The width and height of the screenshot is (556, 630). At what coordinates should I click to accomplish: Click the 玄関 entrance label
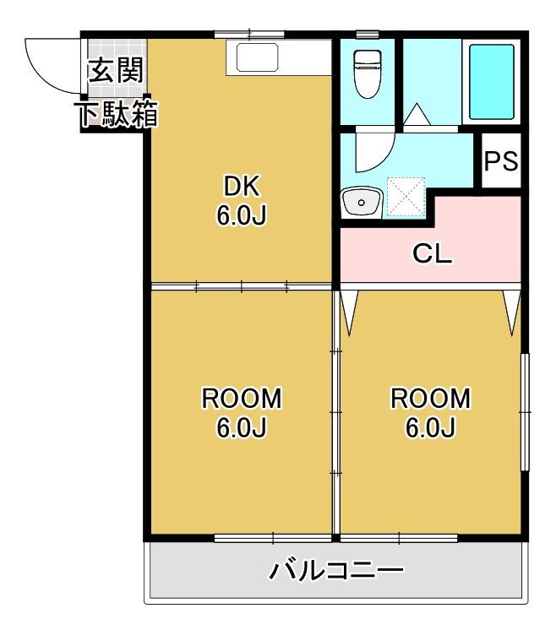tap(117, 71)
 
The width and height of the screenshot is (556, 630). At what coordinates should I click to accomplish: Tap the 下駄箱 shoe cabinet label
tap(119, 116)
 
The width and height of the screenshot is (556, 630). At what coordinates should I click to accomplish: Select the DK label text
tap(242, 185)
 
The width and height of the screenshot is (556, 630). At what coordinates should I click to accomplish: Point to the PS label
tap(501, 160)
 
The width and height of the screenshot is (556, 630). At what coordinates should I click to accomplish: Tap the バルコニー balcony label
tap(337, 572)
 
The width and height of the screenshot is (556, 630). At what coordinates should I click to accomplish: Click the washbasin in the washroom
tap(361, 203)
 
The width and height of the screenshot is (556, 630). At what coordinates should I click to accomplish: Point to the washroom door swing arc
tap(372, 152)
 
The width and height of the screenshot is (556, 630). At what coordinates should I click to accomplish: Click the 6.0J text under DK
tap(242, 216)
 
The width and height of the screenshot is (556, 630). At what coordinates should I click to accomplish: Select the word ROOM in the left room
tap(242, 398)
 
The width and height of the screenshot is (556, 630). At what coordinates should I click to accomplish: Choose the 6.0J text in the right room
tap(431, 428)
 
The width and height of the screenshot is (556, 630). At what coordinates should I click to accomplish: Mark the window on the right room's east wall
tap(524, 411)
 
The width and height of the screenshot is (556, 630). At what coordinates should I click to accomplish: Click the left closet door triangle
tap(351, 311)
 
